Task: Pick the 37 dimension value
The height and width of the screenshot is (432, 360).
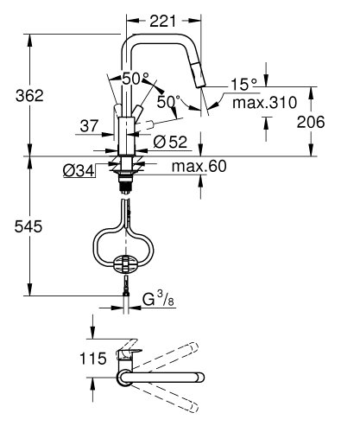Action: click(88, 127)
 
